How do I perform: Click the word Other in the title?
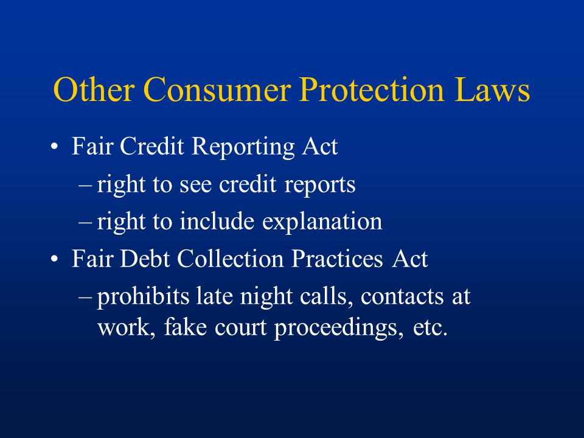tap(94, 89)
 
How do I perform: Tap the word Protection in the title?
tap(372, 89)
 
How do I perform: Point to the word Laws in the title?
tap(492, 89)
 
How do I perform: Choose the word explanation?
tap(322, 222)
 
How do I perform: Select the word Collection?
tap(230, 259)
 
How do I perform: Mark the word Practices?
tap(337, 259)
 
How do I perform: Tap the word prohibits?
tap(143, 297)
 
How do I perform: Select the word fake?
tap(185, 327)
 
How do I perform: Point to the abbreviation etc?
tap(430, 328)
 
